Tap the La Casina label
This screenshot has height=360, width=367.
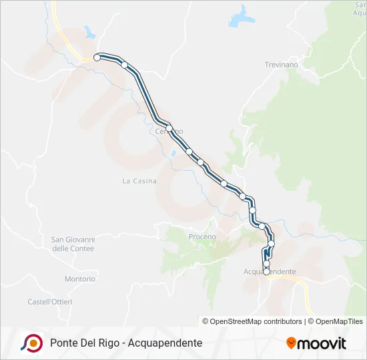[139, 181]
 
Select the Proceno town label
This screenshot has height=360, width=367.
[202, 237]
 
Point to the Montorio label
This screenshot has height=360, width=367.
[80, 279]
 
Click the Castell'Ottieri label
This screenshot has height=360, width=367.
[50, 302]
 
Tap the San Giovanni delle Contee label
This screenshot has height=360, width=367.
[73, 244]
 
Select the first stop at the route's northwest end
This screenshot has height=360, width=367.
[97, 58]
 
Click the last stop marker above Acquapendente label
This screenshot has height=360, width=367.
[267, 271]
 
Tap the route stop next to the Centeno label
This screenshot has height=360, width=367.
[169, 129]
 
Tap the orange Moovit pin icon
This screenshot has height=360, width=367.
[291, 343]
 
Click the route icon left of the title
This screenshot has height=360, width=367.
[31, 343]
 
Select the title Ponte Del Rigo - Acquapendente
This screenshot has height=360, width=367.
[126, 343]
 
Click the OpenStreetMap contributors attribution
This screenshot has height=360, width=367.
[252, 321]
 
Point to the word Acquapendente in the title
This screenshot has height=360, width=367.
[164, 343]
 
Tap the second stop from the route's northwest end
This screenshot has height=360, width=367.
[124, 65]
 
